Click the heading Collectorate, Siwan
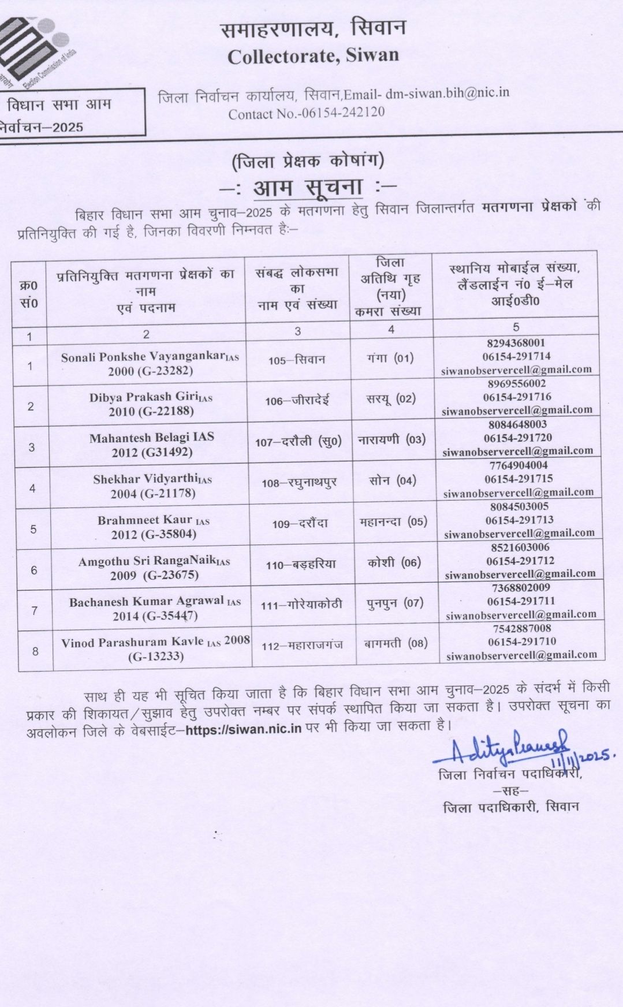click(x=313, y=55)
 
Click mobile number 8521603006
click(x=518, y=547)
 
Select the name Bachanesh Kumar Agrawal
click(x=147, y=601)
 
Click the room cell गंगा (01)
click(x=390, y=358)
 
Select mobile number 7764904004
click(x=518, y=465)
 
